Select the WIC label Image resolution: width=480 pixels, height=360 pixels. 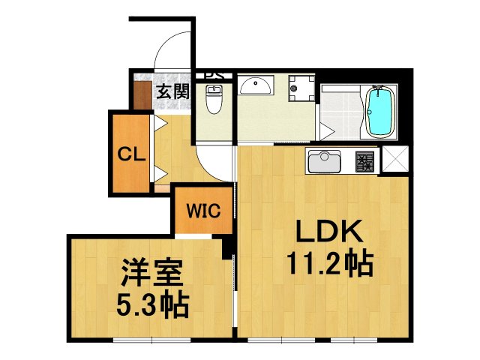(x=203, y=211)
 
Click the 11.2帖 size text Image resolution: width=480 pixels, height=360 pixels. (x=328, y=264)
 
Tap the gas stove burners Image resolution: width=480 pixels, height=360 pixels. (x=365, y=160)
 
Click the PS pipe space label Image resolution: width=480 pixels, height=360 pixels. (x=214, y=75)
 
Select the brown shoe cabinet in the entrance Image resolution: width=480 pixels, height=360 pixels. (x=141, y=91)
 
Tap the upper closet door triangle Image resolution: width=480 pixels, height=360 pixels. (x=159, y=124)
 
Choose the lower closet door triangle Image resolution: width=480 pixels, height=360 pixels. (x=159, y=174)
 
